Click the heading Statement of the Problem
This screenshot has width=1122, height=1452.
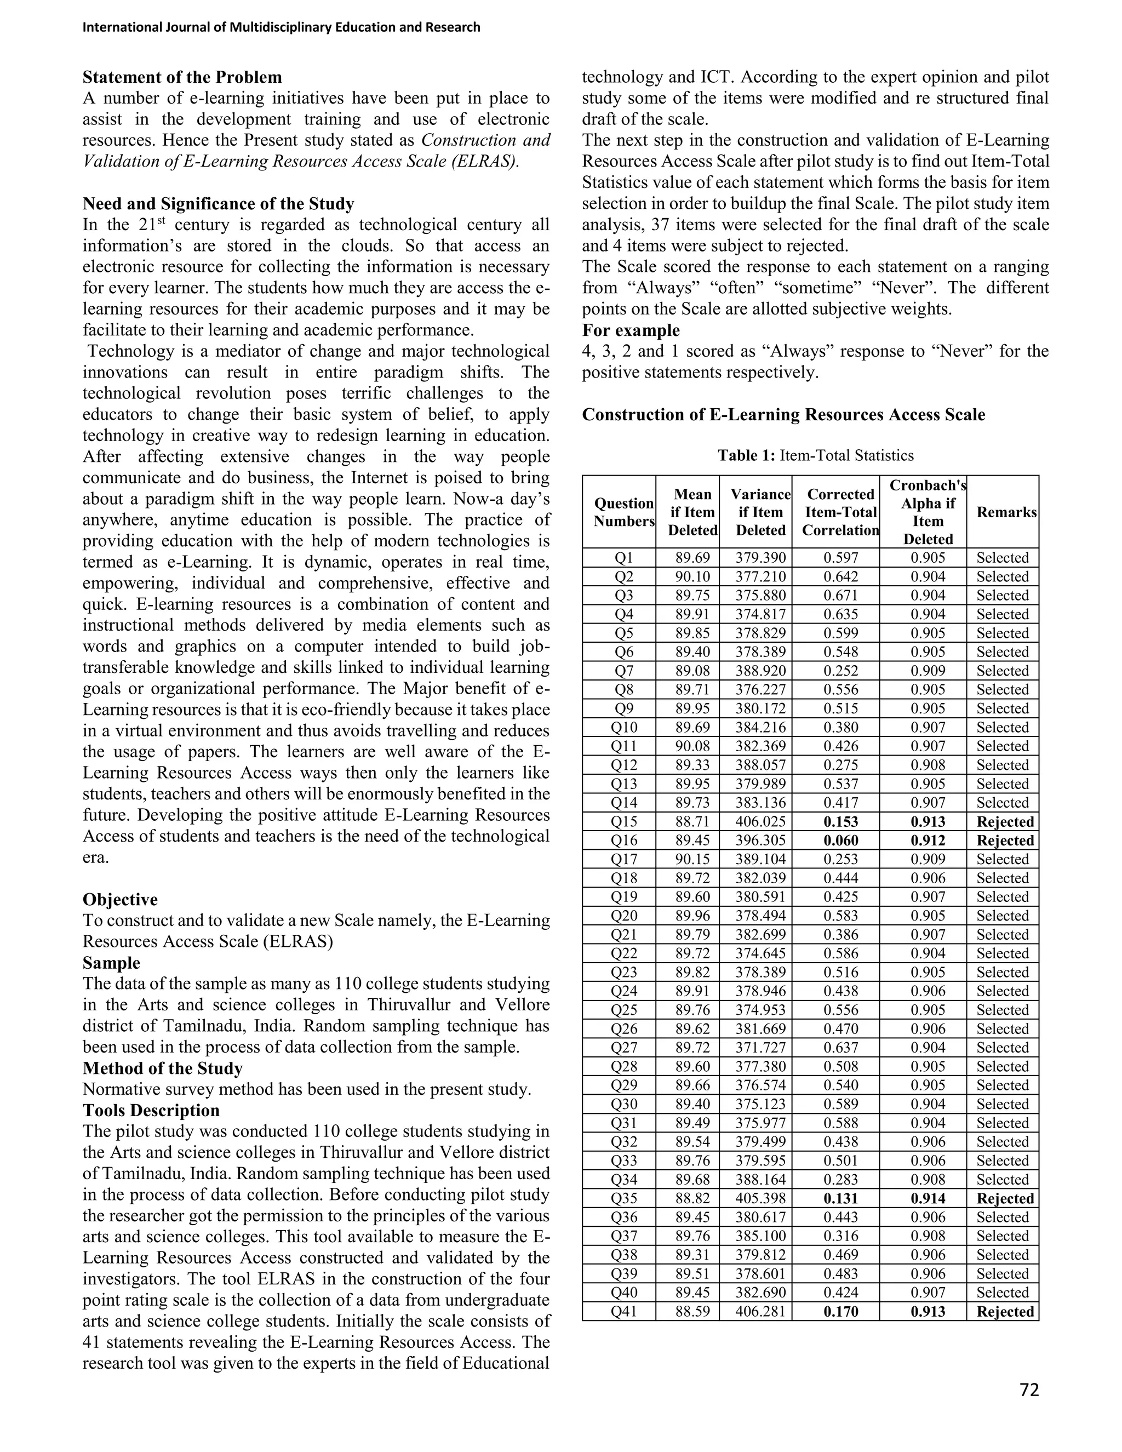tap(182, 77)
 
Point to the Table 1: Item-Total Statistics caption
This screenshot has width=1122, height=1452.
tap(816, 455)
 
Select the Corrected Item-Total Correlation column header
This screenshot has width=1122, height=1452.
tap(840, 512)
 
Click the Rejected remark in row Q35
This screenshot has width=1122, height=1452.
tap(1005, 1199)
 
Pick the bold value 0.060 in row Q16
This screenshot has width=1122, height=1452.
tap(841, 841)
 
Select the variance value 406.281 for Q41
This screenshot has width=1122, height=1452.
tap(760, 1312)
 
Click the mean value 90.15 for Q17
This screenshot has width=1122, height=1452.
tap(692, 859)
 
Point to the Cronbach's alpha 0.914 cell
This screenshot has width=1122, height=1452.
tap(928, 1199)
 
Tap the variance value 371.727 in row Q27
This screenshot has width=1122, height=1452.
tap(760, 1048)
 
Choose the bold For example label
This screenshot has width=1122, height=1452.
tap(631, 330)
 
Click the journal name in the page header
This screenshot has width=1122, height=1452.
tap(281, 27)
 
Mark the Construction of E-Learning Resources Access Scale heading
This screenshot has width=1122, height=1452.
tap(783, 415)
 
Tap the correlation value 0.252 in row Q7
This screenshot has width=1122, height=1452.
tap(841, 671)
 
